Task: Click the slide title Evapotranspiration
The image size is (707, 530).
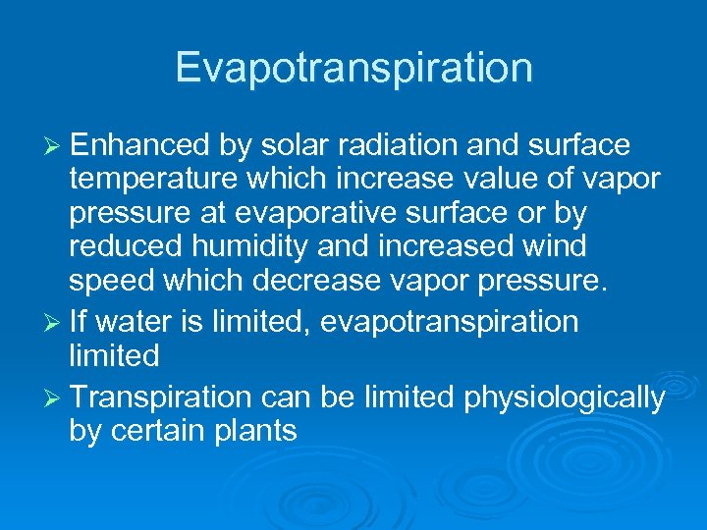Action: tap(353, 68)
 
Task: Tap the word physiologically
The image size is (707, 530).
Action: tap(562, 397)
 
